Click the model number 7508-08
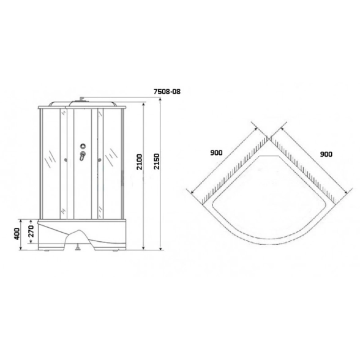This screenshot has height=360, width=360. click(x=167, y=92)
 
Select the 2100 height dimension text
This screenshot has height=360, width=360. click(x=140, y=162)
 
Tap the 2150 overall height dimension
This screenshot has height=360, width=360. click(x=157, y=162)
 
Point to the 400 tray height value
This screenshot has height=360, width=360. click(x=17, y=234)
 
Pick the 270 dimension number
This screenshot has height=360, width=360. click(x=31, y=231)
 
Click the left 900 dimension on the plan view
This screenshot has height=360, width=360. click(x=216, y=152)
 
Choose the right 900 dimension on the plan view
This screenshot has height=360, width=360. click(x=326, y=154)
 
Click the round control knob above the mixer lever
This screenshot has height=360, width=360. click(x=83, y=146)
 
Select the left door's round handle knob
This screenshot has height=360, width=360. click(x=66, y=160)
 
